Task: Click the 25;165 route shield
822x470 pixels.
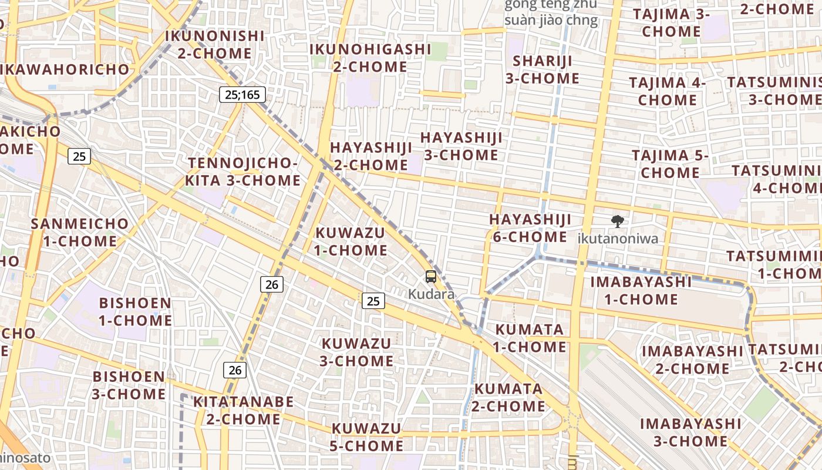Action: [x=242, y=94]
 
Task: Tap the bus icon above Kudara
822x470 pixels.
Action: [x=431, y=277]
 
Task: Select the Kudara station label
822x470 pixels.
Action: [x=431, y=294]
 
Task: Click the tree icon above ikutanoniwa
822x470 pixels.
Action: [x=617, y=221]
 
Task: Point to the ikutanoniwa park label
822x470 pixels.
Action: [x=617, y=239]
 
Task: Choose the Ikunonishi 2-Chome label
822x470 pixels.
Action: [x=214, y=45]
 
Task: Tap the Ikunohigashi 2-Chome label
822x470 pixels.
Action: [x=370, y=58]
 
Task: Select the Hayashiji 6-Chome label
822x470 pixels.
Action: [x=530, y=228]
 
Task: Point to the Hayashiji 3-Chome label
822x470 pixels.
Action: [x=461, y=146]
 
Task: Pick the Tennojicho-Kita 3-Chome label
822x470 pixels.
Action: [x=242, y=172]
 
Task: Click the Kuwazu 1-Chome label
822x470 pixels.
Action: [x=351, y=241]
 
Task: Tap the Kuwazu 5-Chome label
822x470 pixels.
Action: [x=367, y=437]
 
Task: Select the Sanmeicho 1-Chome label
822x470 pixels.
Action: [x=79, y=232]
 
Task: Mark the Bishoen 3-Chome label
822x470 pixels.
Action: [x=129, y=385]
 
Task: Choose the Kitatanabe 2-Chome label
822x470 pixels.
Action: [x=243, y=410]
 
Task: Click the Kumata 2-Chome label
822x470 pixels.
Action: [x=508, y=397]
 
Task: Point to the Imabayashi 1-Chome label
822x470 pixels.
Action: [x=641, y=290]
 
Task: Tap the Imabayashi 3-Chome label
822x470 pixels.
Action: [x=682, y=432]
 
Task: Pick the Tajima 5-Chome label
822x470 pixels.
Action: [x=670, y=164]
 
